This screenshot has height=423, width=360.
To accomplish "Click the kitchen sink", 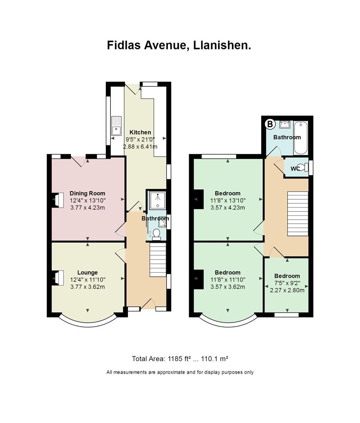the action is point(117,126).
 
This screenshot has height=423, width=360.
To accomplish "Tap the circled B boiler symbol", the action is point(270,125).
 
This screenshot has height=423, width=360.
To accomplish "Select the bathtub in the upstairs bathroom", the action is point(300,138).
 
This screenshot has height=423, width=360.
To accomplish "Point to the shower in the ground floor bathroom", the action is point(157,200).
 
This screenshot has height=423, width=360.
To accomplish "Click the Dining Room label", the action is point(87,193).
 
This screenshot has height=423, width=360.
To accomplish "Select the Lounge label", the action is point(87,273).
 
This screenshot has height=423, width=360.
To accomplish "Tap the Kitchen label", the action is point(140,132).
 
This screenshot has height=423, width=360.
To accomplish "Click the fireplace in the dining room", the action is point(58,200).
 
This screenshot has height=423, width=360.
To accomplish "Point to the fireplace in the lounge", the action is point(58,278).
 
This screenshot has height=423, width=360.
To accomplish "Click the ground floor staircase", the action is point(157,260).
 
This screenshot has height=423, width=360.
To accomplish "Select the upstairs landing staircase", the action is point(298,214).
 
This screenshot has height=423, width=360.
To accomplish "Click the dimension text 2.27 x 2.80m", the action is point(287,290).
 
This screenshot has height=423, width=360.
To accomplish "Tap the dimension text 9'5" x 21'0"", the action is point(140,139).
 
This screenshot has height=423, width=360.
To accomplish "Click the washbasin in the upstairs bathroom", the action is point(285,125).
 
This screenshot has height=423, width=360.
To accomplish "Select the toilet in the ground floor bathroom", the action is point(156,235).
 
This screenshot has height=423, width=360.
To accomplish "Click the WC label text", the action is point(295,168).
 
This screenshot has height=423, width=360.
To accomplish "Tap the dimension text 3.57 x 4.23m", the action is point(228,208).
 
